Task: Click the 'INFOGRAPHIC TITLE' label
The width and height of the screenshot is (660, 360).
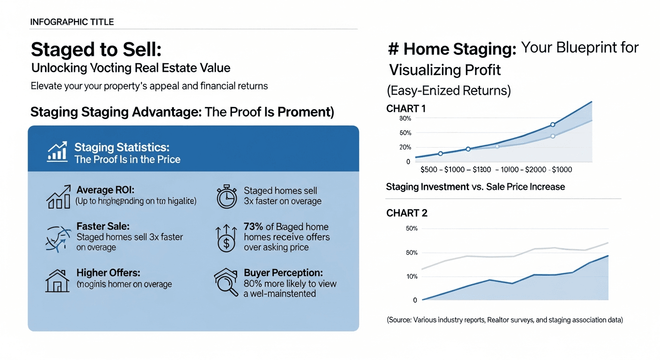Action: [72, 22]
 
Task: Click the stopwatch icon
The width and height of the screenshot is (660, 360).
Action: [227, 197]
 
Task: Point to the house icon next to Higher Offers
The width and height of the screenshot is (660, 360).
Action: [57, 280]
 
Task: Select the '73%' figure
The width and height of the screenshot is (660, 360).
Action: [254, 226]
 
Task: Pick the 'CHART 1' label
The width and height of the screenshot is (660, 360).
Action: [406, 109]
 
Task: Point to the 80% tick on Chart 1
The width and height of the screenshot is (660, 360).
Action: [405, 119]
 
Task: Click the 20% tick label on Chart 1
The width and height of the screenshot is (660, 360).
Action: [405, 147]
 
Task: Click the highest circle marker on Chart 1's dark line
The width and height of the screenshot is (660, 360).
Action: [553, 125]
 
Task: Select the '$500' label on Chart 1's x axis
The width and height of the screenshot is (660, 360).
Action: [429, 170]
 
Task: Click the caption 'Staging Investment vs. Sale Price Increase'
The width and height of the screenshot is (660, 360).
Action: [475, 187]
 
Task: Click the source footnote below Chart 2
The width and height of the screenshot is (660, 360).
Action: [505, 320]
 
